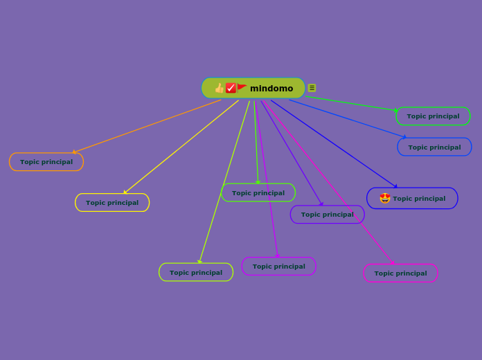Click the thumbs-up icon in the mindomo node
click(220, 88)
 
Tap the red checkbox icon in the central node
click(231, 88)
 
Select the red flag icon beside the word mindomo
click(242, 87)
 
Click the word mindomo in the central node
click(271, 89)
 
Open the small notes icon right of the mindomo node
click(312, 88)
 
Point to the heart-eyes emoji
click(385, 198)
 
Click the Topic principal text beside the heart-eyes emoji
click(419, 199)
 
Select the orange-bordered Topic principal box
click(46, 162)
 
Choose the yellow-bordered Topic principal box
click(112, 203)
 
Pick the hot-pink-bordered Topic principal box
click(400, 273)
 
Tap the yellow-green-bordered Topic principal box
click(196, 273)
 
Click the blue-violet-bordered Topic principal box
click(327, 215)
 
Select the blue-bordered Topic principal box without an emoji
click(434, 147)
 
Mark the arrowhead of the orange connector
click(74, 152)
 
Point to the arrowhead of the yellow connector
click(125, 192)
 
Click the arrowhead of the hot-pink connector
click(393, 263)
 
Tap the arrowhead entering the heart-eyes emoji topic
click(395, 186)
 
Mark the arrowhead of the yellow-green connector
click(199, 262)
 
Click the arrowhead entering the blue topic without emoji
click(404, 137)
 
